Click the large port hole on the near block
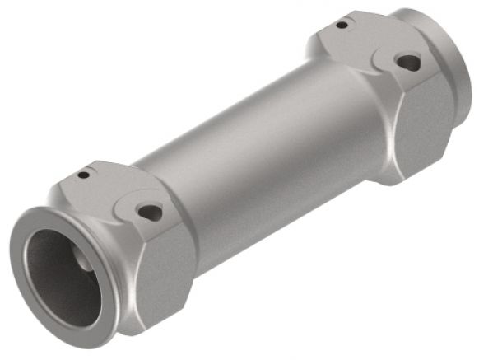pyautogui.click(x=150, y=213)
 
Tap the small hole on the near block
pyautogui.click(x=84, y=175)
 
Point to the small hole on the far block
pyautogui.click(x=342, y=25)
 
